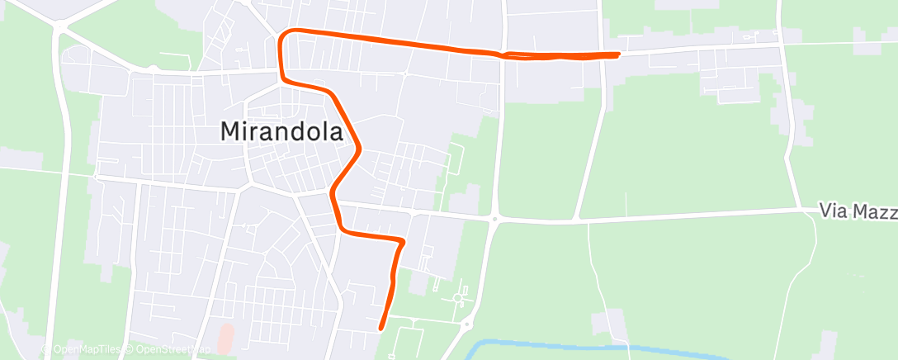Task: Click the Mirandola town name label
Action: coord(281,130)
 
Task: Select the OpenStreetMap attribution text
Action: coord(169,349)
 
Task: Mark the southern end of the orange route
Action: coord(380,328)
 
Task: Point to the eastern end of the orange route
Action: coord(618,54)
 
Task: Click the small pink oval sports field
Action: coord(226,337)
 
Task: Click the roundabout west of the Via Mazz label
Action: coord(494,219)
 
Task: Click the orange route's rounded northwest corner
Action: coord(284,35)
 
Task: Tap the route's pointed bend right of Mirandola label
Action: coord(361,149)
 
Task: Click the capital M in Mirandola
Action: coord(231,130)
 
